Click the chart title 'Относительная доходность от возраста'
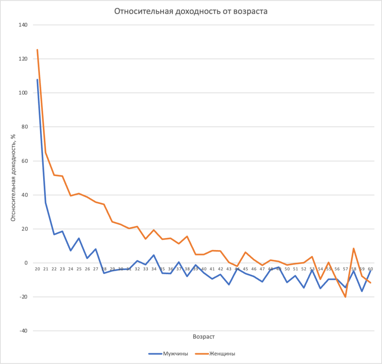(x=191, y=11)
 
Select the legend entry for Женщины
(x=222, y=353)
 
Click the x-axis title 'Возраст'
(x=204, y=337)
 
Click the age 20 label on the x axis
(x=37, y=269)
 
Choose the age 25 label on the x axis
(x=79, y=269)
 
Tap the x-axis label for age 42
(x=220, y=269)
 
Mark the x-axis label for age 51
(x=295, y=269)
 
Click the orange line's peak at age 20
(x=37, y=50)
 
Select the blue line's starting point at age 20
(x=37, y=80)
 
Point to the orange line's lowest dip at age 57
(x=345, y=297)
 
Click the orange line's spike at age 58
(x=354, y=248)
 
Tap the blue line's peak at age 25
(x=79, y=238)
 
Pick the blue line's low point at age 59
(x=362, y=291)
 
